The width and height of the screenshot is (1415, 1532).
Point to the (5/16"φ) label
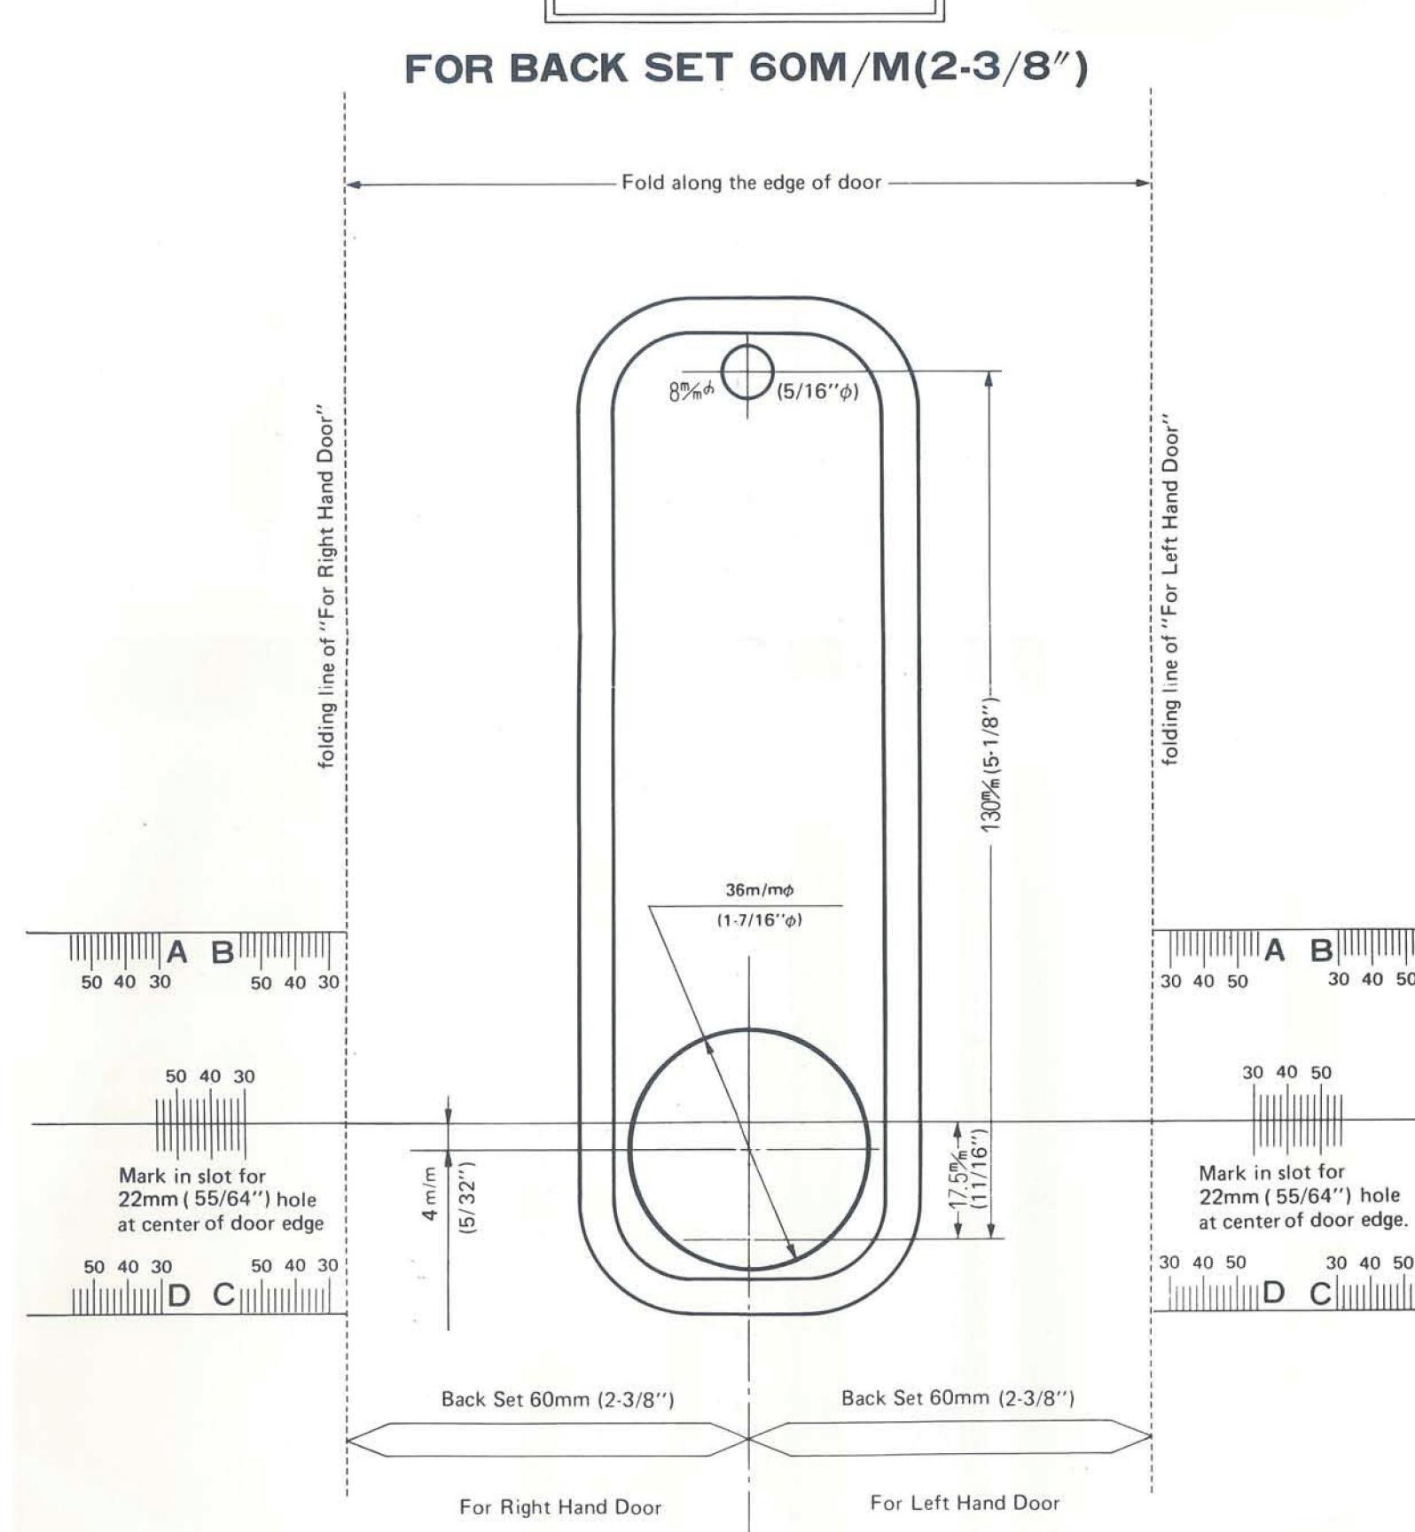[x=817, y=391]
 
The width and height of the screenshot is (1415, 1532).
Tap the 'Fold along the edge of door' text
[x=752, y=183]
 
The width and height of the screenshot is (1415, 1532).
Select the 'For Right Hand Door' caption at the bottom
[x=560, y=1506]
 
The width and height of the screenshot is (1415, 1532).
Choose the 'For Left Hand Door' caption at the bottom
[x=965, y=1502]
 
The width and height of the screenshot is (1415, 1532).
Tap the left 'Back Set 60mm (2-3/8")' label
[x=558, y=1399]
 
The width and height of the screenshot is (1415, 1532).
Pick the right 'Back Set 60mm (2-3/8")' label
[x=958, y=1398]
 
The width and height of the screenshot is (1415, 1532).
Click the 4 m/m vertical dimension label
[x=429, y=1193]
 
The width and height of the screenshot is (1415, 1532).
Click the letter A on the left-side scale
[x=177, y=952]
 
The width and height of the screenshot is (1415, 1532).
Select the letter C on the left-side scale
[x=224, y=1295]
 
